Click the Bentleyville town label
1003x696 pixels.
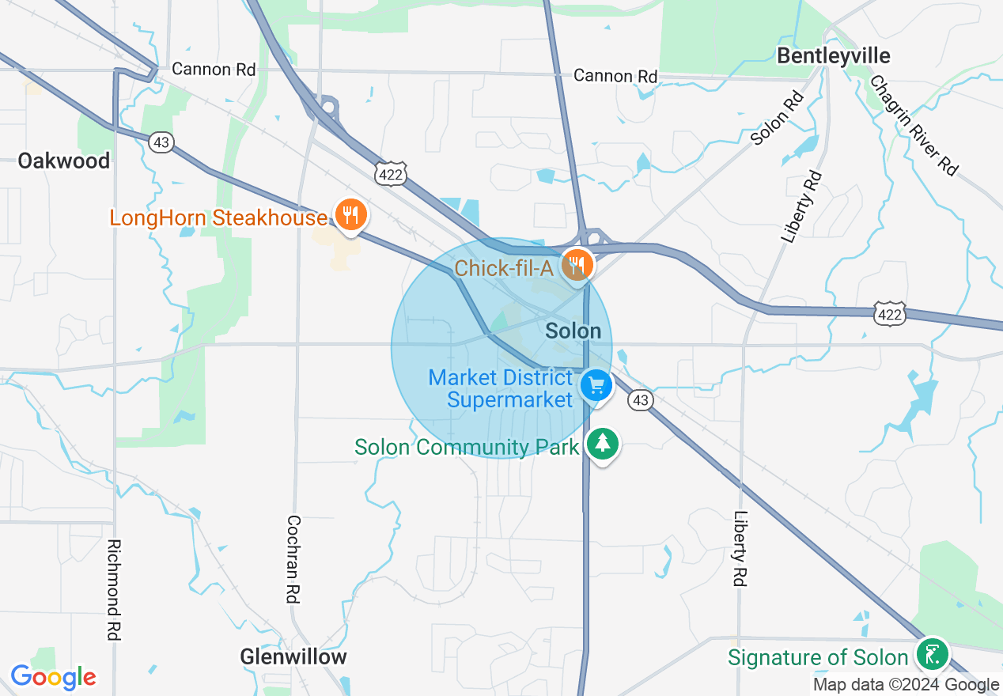[x=833, y=56]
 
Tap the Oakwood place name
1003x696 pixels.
[x=64, y=161]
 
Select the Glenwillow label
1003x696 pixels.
[x=293, y=656]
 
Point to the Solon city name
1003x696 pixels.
[x=573, y=331]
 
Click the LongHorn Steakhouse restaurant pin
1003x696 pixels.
[x=348, y=215]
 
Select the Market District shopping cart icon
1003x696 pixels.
[x=596, y=387]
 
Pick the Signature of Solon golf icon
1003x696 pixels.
[x=933, y=655]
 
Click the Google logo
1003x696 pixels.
[x=53, y=677]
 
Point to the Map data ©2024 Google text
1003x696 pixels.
[x=906, y=685]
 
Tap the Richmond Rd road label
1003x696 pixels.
[x=114, y=589]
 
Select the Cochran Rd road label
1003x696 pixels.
[x=293, y=559]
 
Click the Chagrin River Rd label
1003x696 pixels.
[x=914, y=125]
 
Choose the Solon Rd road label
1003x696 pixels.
[x=778, y=118]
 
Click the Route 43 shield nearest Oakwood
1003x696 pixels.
[x=161, y=142]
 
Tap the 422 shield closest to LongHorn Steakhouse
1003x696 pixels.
[x=391, y=175]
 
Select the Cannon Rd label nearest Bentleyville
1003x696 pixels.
[x=615, y=76]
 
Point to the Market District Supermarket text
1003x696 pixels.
[x=501, y=388]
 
